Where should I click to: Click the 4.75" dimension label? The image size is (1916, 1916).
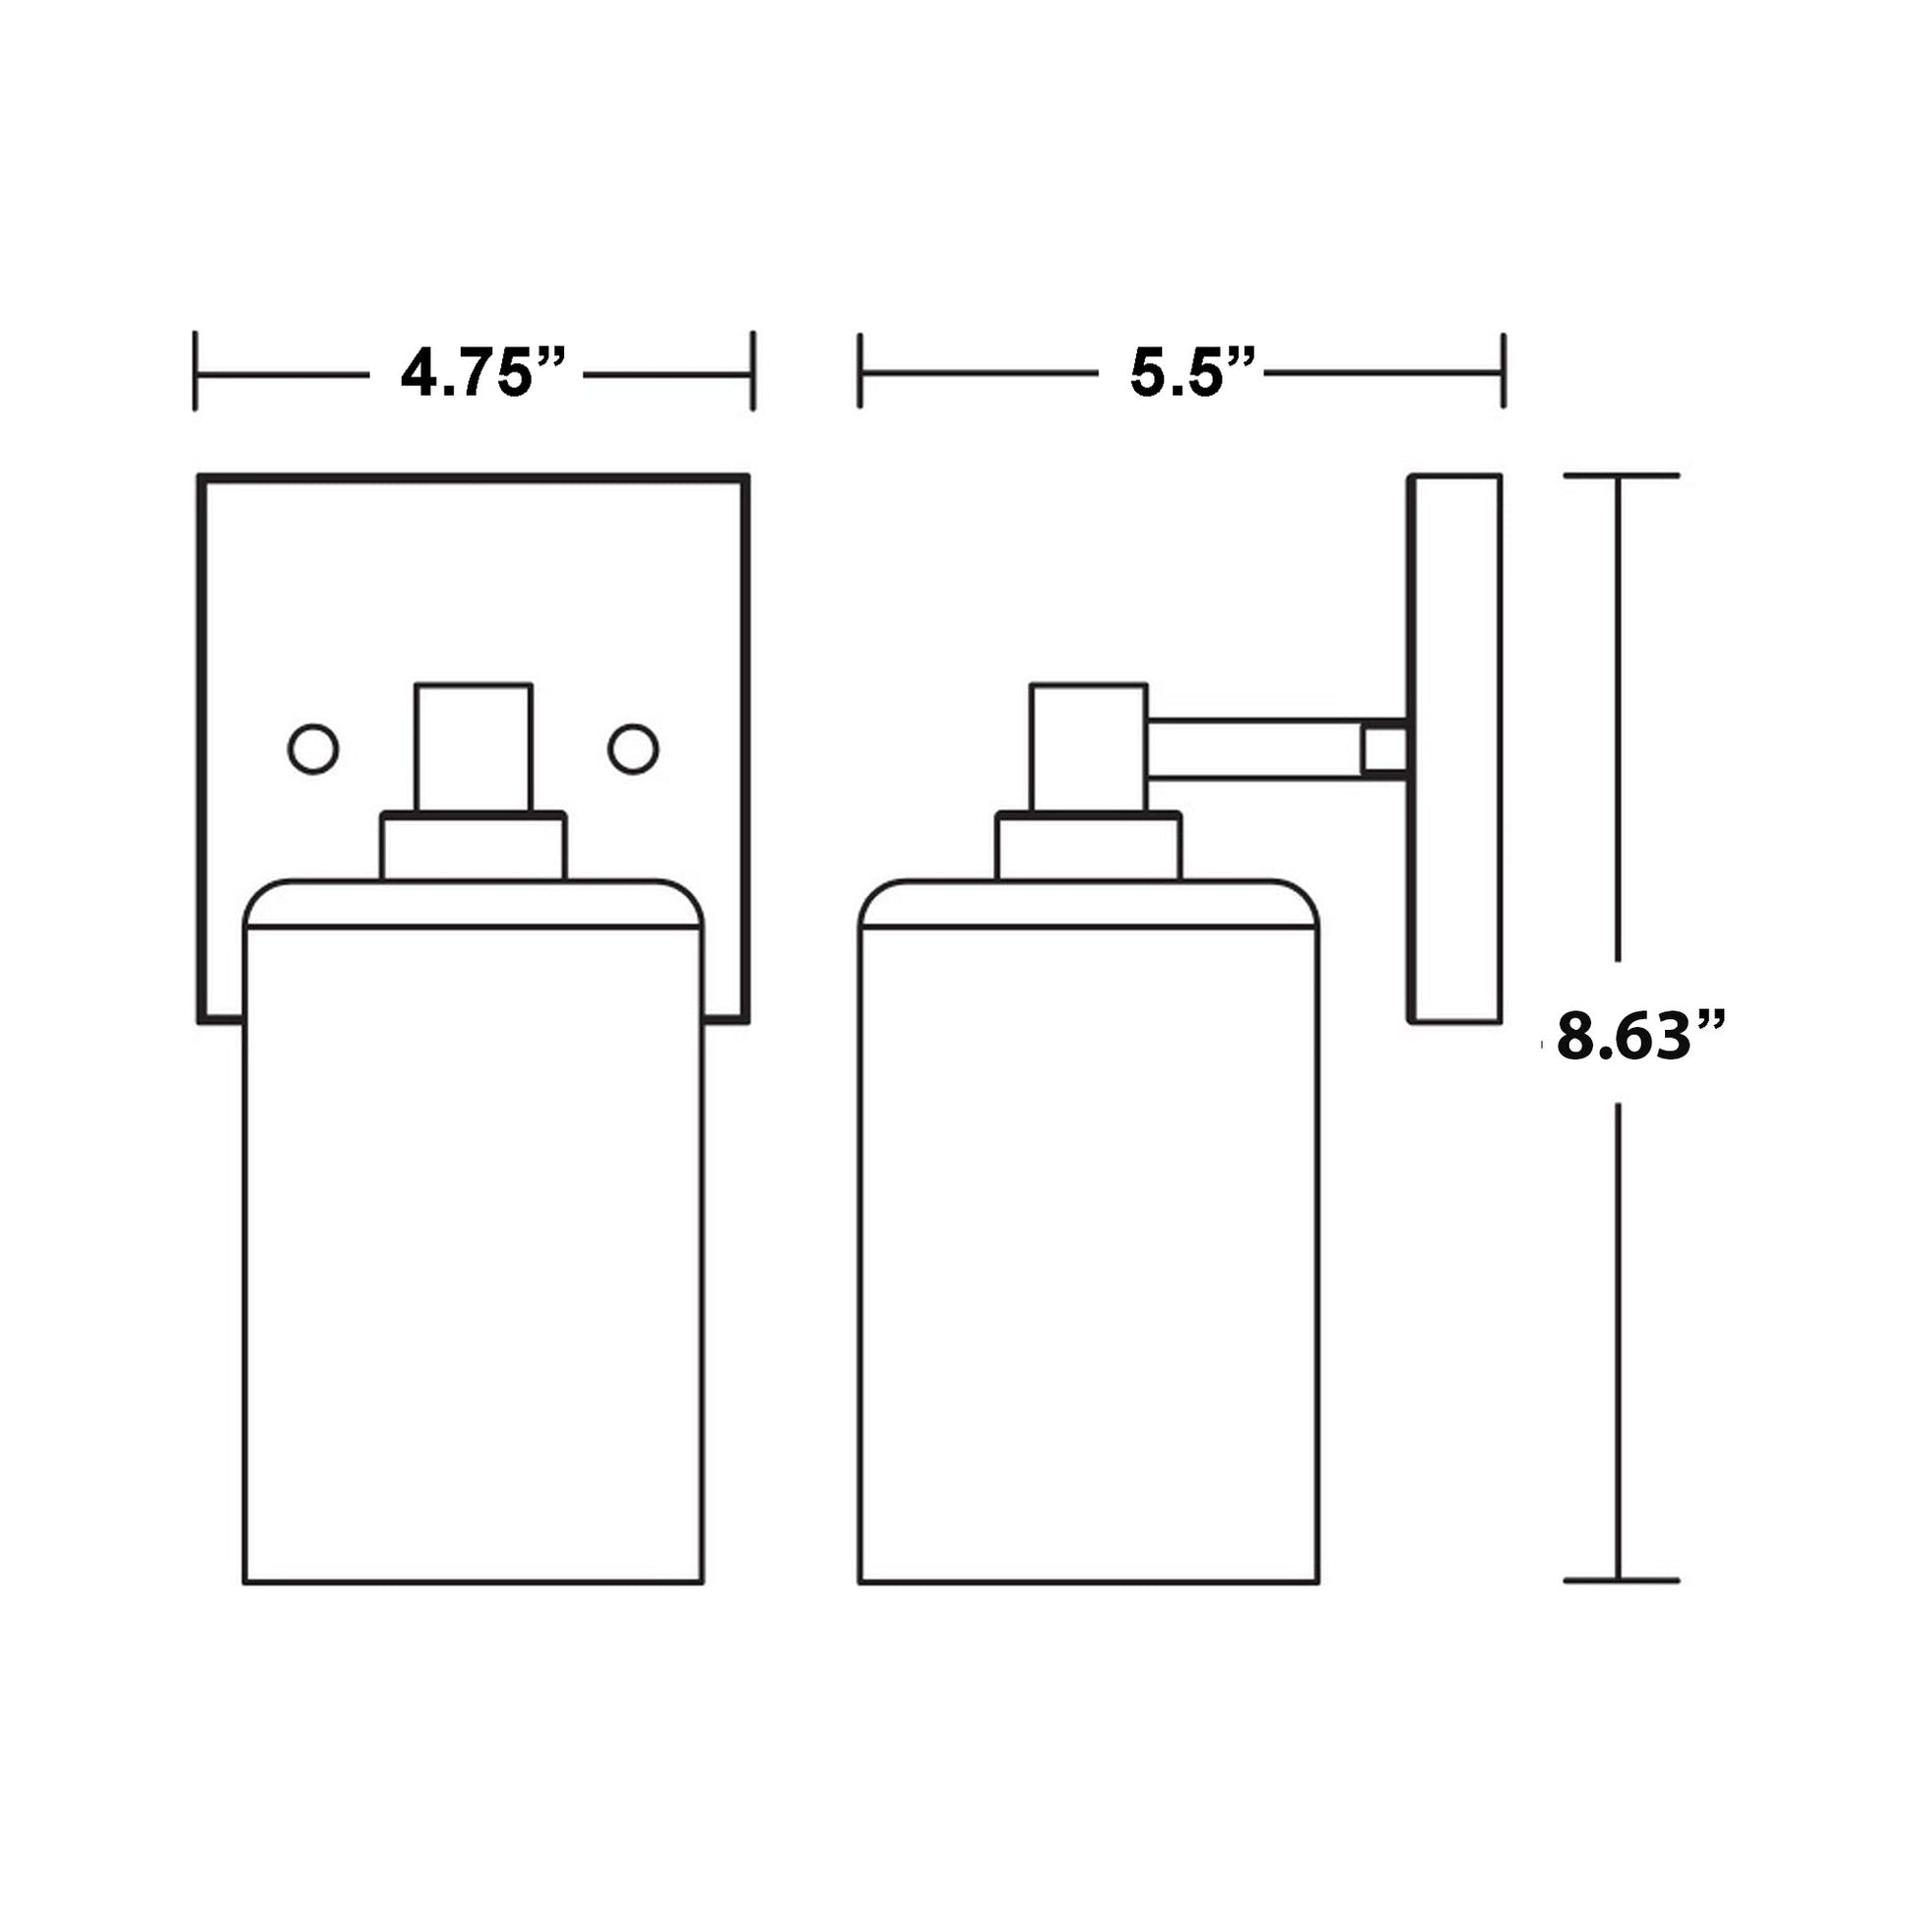[x=482, y=374]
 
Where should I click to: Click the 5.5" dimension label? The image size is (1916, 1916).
[x=1192, y=373]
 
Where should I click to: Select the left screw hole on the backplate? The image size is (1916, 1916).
[x=313, y=748]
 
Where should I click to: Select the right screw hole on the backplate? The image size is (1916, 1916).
[x=633, y=748]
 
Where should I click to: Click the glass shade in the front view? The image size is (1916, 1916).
[x=473, y=1240]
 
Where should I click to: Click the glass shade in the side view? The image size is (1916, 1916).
[x=1088, y=1240]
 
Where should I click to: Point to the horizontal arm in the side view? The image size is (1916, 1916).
[x=1254, y=749]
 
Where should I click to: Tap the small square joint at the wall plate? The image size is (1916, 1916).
[x=1384, y=749]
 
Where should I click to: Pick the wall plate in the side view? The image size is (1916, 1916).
[x=1455, y=748]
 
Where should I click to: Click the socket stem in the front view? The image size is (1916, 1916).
[x=473, y=747]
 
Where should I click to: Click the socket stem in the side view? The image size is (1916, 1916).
[x=1088, y=747]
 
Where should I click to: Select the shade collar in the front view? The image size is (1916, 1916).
[x=473, y=847]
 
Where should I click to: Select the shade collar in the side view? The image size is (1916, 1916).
[x=1088, y=847]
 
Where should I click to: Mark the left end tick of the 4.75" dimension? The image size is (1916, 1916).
[x=195, y=372]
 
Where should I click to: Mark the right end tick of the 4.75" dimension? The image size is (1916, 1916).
[x=752, y=372]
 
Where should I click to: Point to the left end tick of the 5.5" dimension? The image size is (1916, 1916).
[x=860, y=371]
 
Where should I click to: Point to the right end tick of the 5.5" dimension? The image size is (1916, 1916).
[x=1503, y=371]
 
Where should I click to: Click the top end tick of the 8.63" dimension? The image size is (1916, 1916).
[x=1621, y=476]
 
